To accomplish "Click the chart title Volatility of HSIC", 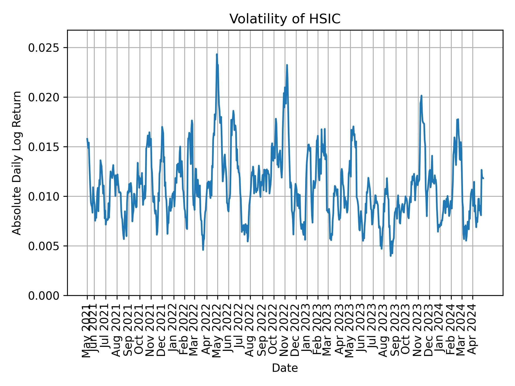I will (x=285, y=19).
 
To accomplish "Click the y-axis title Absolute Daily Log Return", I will (x=17, y=163).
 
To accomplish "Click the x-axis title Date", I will (x=285, y=368).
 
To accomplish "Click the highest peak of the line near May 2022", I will (x=217, y=54).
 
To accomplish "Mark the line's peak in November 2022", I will (x=287, y=65).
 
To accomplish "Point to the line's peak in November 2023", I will (x=421, y=96).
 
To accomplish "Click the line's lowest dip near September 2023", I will (x=391, y=256).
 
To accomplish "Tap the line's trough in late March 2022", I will (x=203, y=250).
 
